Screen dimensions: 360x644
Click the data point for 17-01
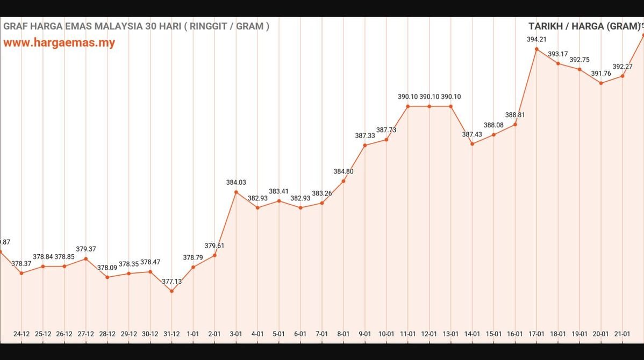tap(536, 49)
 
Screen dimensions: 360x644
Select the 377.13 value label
tap(171, 281)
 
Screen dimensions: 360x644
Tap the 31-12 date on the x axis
tap(171, 334)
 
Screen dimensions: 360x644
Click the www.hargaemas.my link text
tap(59, 43)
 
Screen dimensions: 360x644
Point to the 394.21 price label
tap(536, 39)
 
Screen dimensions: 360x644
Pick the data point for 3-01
tap(236, 192)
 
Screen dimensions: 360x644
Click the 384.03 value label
tap(236, 183)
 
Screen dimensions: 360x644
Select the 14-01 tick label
tap(472, 334)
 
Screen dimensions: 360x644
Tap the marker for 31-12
tap(171, 291)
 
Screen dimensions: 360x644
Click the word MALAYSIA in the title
tap(118, 26)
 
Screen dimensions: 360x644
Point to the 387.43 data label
tap(472, 134)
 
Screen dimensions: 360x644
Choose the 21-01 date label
tap(622, 334)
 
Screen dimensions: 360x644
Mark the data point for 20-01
tap(601, 83)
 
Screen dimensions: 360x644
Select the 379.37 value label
tap(86, 249)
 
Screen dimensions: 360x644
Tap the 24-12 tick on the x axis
tap(22, 334)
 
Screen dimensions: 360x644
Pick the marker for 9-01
tap(365, 145)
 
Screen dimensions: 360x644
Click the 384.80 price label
tap(344, 171)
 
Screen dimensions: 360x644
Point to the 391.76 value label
tap(601, 74)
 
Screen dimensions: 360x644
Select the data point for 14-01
tap(472, 143)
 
